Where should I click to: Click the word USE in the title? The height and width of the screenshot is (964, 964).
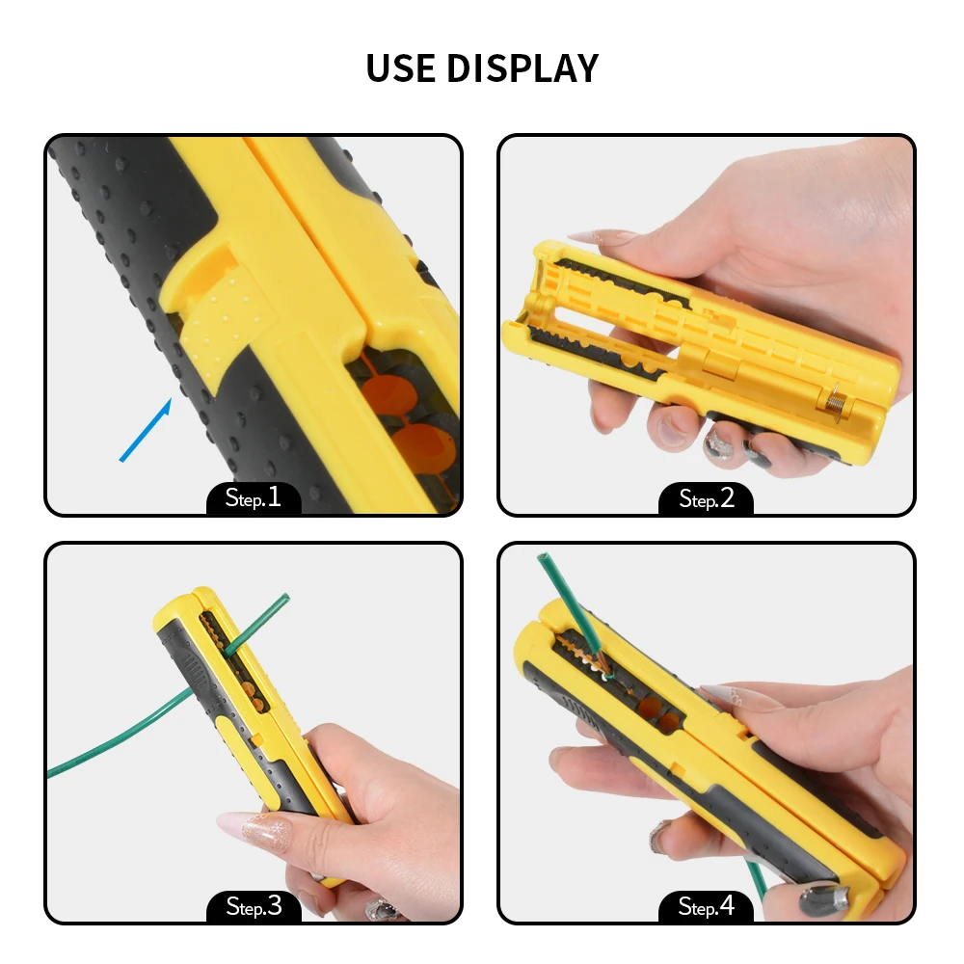(x=400, y=67)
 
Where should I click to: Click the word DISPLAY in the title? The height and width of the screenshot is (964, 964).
(x=522, y=67)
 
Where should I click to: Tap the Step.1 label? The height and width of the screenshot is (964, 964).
(x=254, y=496)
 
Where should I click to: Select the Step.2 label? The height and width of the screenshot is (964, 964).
(x=707, y=498)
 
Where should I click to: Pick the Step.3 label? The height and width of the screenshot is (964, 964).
(x=254, y=906)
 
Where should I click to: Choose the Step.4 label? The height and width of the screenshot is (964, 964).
(x=707, y=906)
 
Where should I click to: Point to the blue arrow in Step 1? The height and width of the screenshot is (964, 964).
(x=146, y=429)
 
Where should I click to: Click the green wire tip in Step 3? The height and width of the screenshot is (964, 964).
(x=284, y=597)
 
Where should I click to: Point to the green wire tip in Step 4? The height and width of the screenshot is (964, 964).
(x=543, y=557)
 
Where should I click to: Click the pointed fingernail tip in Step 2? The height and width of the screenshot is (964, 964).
(x=571, y=238)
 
